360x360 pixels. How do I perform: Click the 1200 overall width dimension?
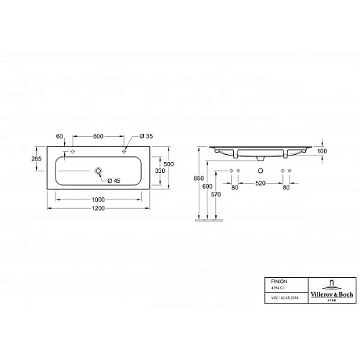[99, 207]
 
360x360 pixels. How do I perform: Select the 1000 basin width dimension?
[99, 198]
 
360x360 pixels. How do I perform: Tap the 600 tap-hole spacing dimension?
[100, 136]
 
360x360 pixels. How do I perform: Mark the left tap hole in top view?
[73, 153]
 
